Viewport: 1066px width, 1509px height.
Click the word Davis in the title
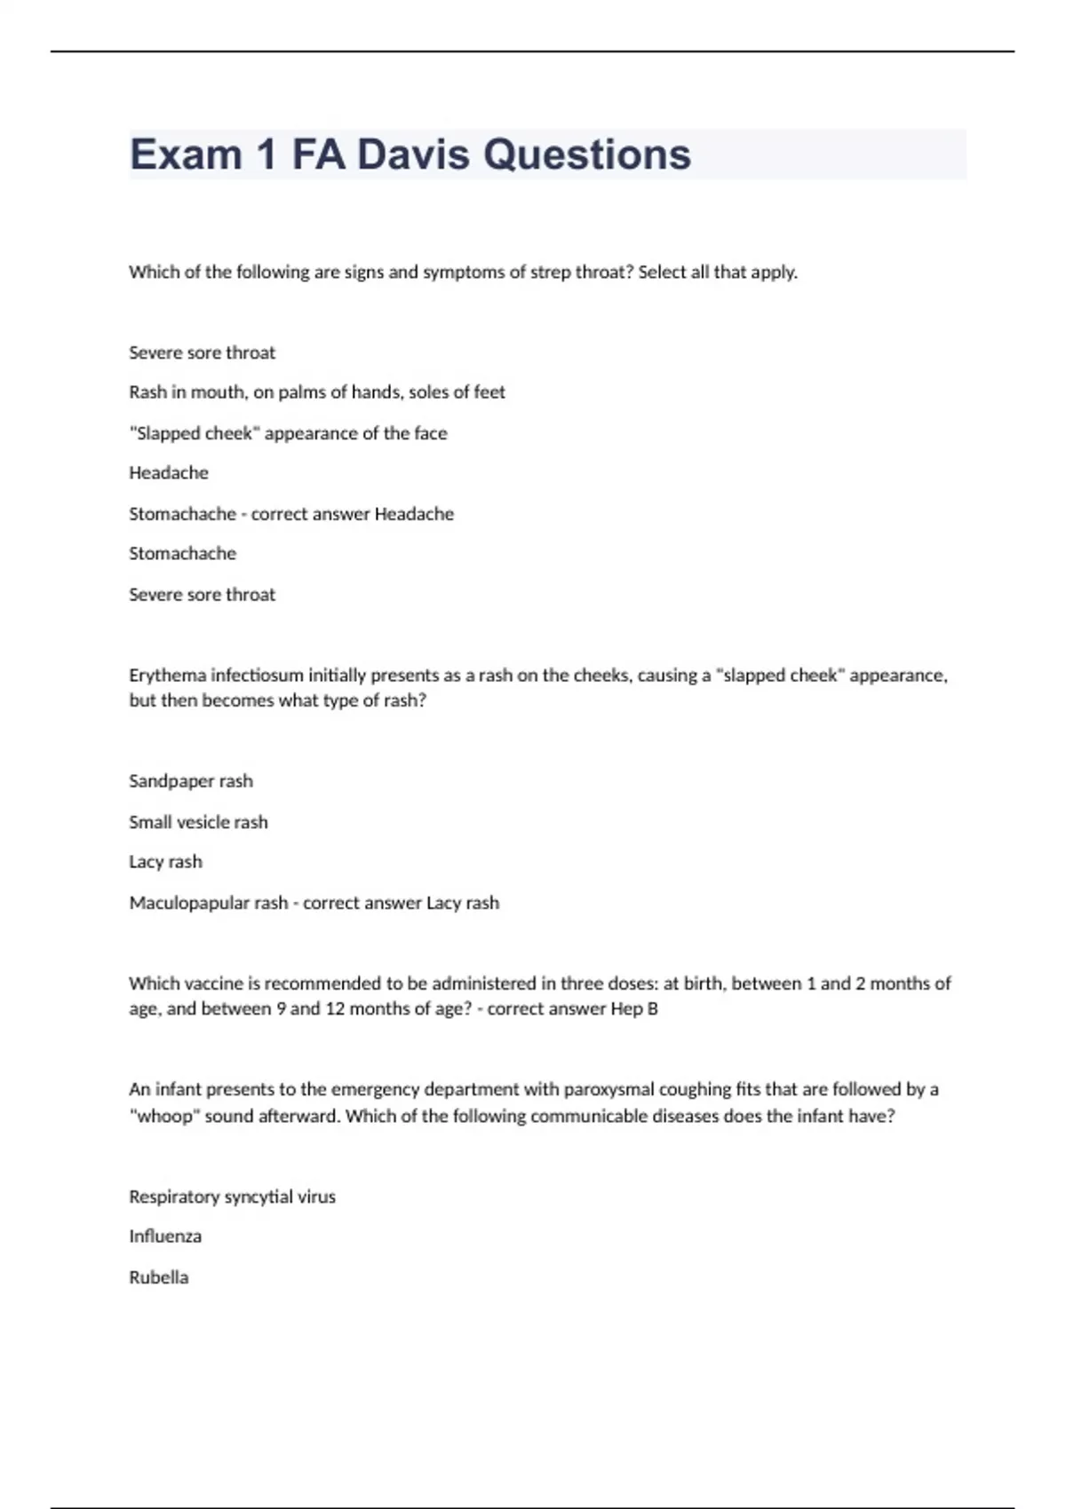(x=413, y=154)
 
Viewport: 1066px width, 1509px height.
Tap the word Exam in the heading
(x=186, y=154)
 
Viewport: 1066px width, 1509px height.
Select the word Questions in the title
(x=587, y=154)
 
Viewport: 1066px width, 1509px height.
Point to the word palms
(x=302, y=392)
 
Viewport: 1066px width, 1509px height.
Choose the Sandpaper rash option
(x=191, y=781)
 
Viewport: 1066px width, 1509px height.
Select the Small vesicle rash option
(x=198, y=822)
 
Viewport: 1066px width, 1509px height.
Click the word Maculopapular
(x=208, y=903)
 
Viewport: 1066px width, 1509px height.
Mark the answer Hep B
(x=634, y=1009)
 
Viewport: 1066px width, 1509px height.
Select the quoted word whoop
(x=164, y=1116)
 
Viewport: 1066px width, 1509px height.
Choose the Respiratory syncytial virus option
(x=232, y=1197)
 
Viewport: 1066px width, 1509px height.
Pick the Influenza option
(x=165, y=1236)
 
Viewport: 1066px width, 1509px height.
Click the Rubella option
(x=158, y=1277)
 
